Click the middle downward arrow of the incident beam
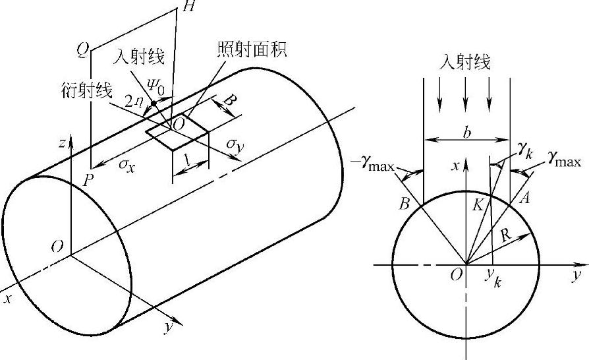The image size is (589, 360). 465,96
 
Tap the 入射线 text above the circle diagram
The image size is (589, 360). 465,64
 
